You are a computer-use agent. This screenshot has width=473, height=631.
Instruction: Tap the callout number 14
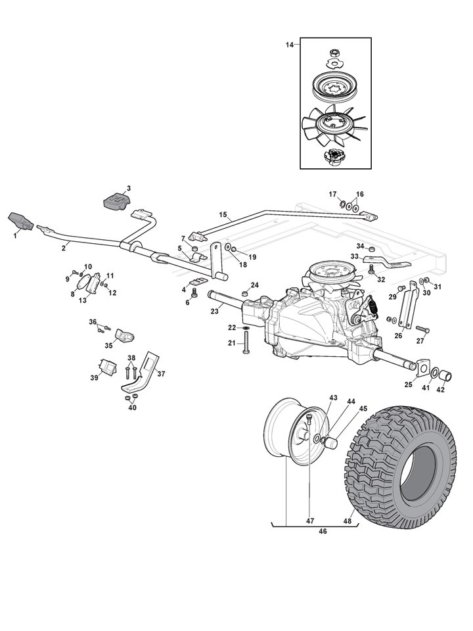tap(290, 44)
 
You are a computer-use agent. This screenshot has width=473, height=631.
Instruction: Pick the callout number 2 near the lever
tap(64, 247)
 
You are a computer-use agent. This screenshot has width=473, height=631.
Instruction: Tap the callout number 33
tap(353, 256)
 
